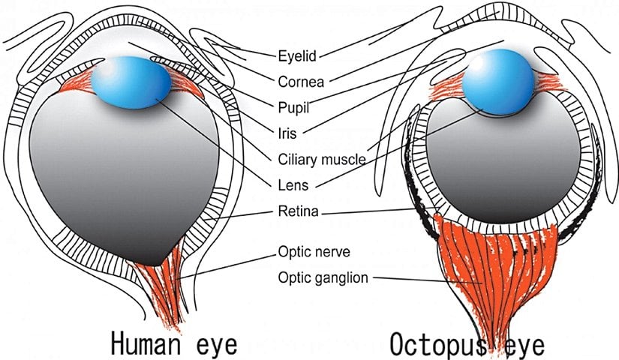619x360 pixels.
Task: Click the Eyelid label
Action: pyautogui.click(x=298, y=54)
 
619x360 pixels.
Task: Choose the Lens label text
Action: pyautogui.click(x=290, y=184)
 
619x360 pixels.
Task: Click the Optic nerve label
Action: pyautogui.click(x=308, y=251)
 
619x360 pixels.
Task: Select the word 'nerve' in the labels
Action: pyautogui.click(x=327, y=251)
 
